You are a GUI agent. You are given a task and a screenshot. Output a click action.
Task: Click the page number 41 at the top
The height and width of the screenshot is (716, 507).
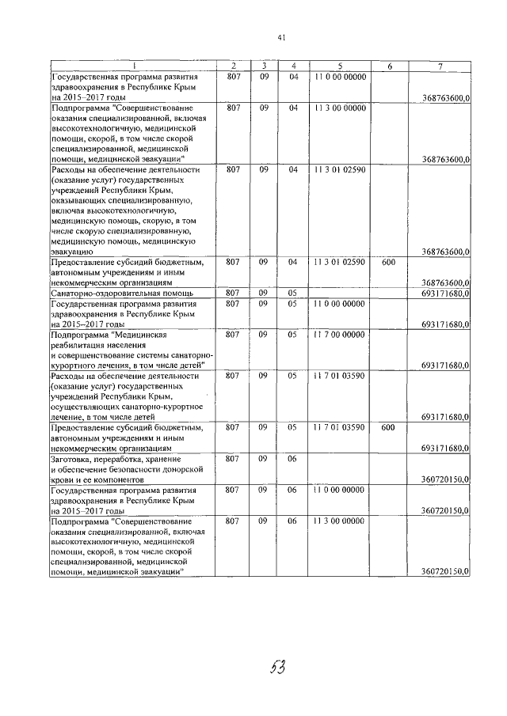pyautogui.click(x=281, y=37)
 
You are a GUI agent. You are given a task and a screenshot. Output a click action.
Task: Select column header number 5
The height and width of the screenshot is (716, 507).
pyautogui.click(x=338, y=65)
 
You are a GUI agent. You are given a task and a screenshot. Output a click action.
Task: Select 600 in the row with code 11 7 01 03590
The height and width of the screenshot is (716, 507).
pyautogui.click(x=387, y=427)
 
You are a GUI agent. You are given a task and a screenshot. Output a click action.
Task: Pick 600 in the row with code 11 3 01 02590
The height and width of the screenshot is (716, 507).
pyautogui.click(x=387, y=261)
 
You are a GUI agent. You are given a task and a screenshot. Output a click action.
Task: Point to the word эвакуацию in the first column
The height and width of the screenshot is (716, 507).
pyautogui.click(x=71, y=251)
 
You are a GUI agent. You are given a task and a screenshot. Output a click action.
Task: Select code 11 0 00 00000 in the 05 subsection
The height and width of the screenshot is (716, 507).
pyautogui.click(x=339, y=303)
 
